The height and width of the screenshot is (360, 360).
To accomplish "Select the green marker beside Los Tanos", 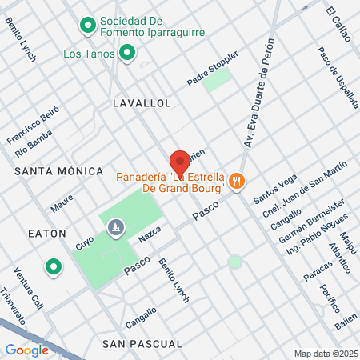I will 126,54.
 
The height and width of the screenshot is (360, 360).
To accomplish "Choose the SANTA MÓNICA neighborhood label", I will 59,171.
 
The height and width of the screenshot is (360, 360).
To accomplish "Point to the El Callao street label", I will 341,22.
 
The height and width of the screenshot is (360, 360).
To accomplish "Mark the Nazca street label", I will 149,234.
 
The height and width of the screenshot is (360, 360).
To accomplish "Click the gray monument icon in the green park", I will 117,228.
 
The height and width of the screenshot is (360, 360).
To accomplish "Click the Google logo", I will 27,350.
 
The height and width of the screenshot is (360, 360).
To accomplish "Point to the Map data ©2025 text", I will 325,354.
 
